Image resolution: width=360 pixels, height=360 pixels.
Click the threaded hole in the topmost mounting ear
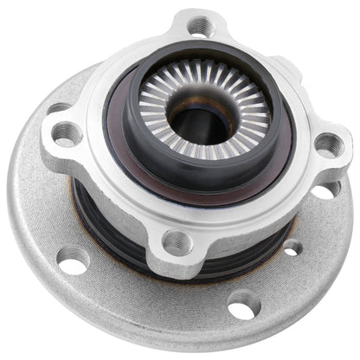click(x=201, y=25)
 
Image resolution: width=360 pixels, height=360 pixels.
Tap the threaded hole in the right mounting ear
click(x=326, y=146)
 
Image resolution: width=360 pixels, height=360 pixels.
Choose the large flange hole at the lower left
click(x=74, y=258)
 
